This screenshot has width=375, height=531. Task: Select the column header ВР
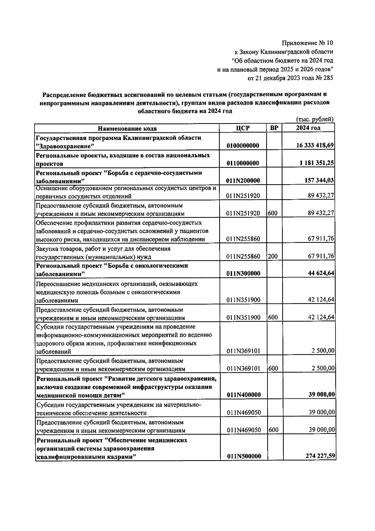(x=274, y=128)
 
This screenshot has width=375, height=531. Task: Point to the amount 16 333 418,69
(x=315, y=145)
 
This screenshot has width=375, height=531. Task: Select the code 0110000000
(x=244, y=163)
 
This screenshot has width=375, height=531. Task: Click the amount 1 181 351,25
(x=317, y=163)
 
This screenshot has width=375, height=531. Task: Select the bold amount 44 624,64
(x=321, y=273)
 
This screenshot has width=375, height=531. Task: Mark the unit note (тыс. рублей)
(x=314, y=119)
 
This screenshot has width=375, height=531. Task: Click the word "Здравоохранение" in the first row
(x=65, y=146)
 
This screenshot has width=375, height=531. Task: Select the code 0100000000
(x=244, y=146)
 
